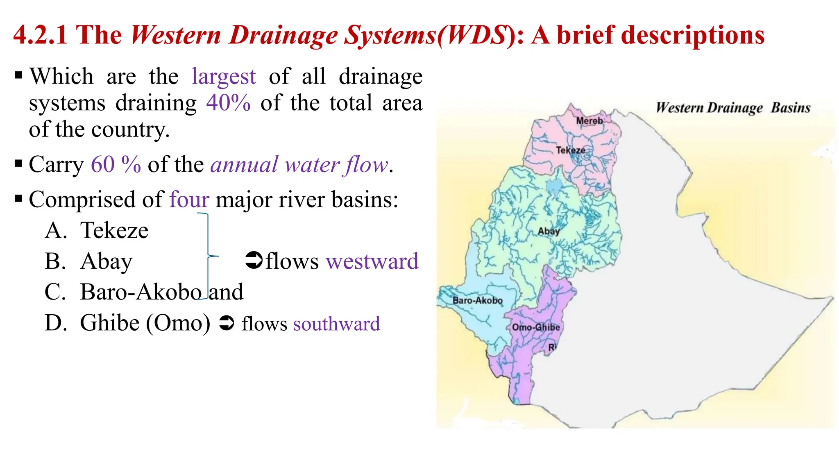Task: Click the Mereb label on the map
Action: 589,121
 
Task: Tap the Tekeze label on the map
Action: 570,150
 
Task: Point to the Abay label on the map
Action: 549,231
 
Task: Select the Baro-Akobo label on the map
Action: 477,300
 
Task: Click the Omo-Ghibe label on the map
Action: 536,327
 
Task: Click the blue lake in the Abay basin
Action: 554,188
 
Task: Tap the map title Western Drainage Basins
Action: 733,108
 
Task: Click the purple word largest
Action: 224,77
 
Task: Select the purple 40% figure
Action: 228,103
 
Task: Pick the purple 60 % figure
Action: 116,165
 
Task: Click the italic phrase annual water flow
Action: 299,165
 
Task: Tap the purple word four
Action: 189,200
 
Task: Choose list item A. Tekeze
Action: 97,230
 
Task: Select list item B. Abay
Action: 88,261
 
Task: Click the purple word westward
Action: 372,261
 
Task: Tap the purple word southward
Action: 336,324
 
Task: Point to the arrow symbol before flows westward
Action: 254,260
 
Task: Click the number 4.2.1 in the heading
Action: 40,35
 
